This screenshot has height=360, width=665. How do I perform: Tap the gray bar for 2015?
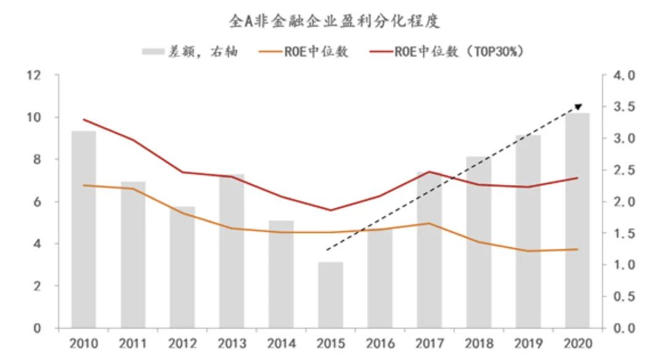[x=331, y=295]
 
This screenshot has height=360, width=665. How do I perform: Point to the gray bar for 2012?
[x=182, y=267]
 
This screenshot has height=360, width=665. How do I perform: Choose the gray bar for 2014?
[x=281, y=274]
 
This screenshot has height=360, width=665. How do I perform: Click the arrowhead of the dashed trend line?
[x=578, y=107]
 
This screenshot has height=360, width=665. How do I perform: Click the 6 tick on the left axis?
[x=37, y=202]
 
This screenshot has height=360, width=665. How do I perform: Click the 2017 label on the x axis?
[x=429, y=343]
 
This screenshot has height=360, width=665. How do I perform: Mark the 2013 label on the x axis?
[x=232, y=343]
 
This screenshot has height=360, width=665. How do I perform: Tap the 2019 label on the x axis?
[x=528, y=343]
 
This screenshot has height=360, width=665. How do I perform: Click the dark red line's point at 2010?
[x=84, y=119]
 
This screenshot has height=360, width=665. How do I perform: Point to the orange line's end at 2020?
[x=577, y=249]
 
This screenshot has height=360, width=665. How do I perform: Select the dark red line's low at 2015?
[x=331, y=210]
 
